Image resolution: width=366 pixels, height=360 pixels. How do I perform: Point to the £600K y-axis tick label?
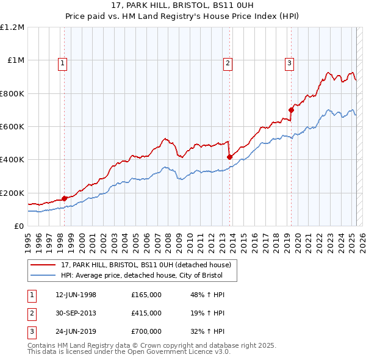(x=12, y=127)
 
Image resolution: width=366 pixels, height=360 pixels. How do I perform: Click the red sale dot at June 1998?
(x=64, y=198)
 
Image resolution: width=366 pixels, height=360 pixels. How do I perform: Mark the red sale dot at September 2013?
(x=230, y=157)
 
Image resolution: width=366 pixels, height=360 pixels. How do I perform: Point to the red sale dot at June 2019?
(x=292, y=110)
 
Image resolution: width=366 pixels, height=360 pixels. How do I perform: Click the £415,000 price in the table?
(x=146, y=313)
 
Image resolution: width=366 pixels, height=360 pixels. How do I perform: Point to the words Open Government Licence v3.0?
(x=177, y=352)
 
